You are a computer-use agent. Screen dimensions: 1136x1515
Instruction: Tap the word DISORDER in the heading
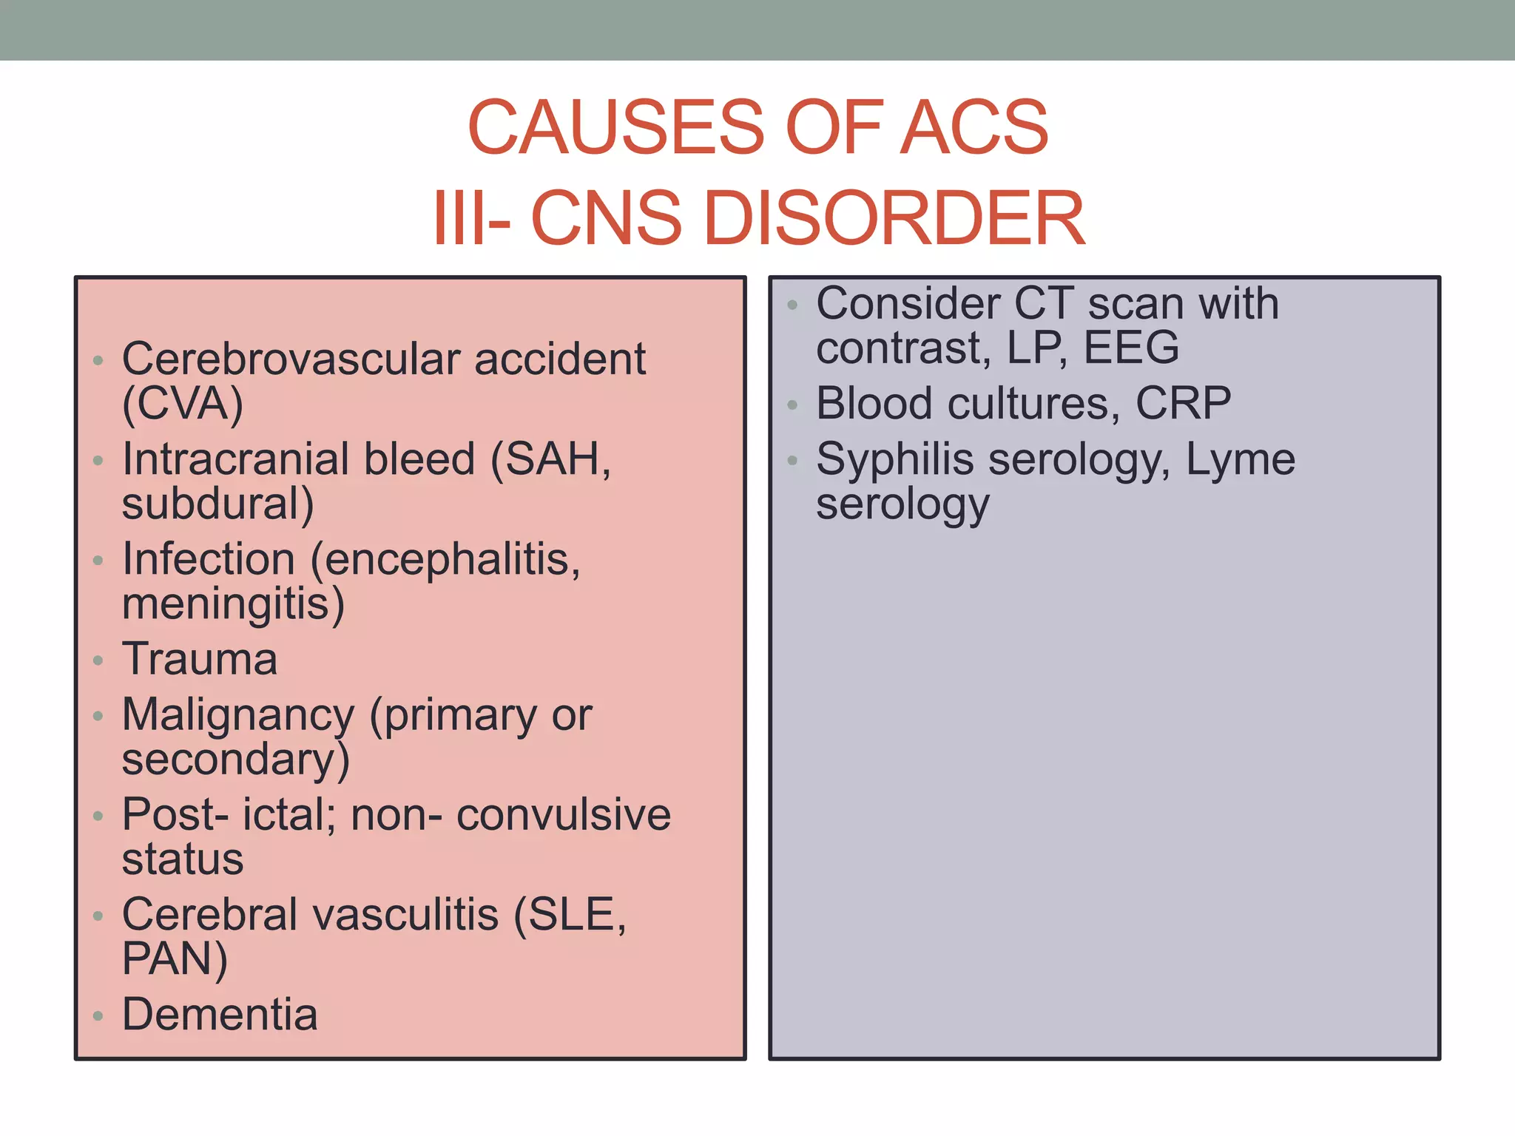(895, 218)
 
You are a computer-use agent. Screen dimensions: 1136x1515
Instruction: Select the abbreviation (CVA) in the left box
(183, 404)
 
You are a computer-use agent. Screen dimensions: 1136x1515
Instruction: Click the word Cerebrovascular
(291, 359)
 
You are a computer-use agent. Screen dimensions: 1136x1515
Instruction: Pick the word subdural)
(218, 504)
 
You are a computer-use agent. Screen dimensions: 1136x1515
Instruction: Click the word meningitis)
(233, 603)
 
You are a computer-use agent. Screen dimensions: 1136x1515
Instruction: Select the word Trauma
(200, 659)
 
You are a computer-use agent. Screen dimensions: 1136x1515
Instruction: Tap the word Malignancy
(238, 715)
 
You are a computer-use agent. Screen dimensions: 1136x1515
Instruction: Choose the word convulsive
(564, 815)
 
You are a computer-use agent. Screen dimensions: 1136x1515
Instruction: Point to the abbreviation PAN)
(175, 958)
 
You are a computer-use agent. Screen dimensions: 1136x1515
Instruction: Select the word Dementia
(220, 1014)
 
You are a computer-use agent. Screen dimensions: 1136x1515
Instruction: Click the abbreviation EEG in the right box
(1131, 348)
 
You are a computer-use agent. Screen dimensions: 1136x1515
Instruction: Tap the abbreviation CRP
(1183, 404)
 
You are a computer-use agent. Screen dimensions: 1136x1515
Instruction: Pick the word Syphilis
(894, 459)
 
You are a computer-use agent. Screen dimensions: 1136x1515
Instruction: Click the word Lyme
(1241, 459)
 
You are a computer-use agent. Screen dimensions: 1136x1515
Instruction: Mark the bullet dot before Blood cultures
(793, 405)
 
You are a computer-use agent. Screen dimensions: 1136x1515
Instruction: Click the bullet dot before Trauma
(98, 660)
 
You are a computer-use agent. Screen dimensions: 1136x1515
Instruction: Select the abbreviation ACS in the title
(974, 127)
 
